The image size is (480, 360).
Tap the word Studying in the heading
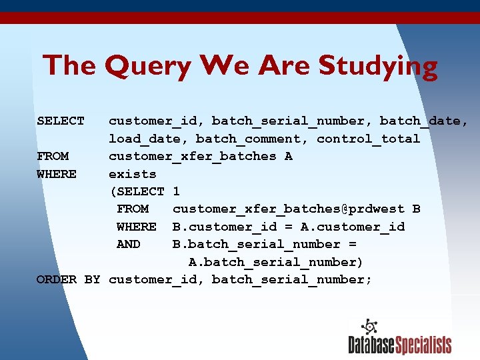click(x=378, y=67)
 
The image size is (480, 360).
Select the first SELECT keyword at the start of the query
click(x=61, y=121)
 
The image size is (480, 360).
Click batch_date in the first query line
click(x=423, y=121)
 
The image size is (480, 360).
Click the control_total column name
click(x=368, y=139)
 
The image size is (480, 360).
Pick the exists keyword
click(x=132, y=174)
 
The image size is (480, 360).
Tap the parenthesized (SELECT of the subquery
click(x=137, y=191)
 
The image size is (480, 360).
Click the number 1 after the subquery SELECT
click(x=176, y=191)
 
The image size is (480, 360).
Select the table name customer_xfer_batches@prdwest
click(x=288, y=209)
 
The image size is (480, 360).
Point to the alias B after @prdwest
click(x=416, y=209)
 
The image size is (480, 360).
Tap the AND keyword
click(x=128, y=244)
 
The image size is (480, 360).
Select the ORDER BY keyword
click(x=68, y=279)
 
